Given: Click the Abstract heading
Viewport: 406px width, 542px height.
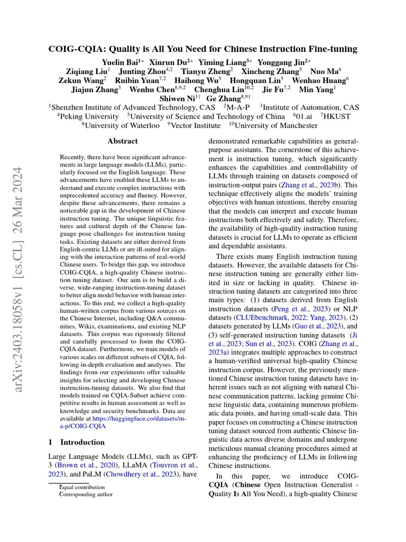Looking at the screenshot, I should pos(122,141).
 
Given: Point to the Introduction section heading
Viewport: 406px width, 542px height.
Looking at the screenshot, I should pos(82,442).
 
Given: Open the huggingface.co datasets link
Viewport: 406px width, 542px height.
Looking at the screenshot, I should pos(144,421).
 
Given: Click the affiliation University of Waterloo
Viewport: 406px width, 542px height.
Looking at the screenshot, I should pos(120,125).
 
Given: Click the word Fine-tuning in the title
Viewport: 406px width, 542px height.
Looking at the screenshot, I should pos(331,49).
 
